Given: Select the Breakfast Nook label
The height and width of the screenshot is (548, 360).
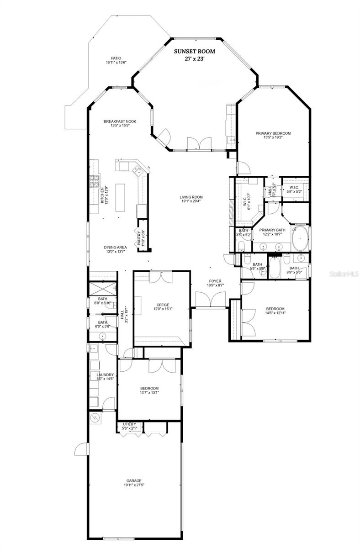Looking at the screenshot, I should tap(120, 123).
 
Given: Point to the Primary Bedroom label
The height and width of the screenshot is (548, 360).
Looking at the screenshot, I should tap(273, 136).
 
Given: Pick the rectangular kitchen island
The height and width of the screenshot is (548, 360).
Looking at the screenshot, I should tap(121, 197).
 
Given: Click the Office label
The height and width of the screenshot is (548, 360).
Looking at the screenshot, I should tap(163, 307).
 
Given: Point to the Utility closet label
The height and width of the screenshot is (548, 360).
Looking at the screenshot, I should tap(129, 426).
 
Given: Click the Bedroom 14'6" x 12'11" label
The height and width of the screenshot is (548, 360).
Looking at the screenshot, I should tap(275, 311).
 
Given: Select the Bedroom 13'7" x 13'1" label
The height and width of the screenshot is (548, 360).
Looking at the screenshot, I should tap(149, 390).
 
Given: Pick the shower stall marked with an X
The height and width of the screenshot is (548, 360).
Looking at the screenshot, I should tap(102, 289).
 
